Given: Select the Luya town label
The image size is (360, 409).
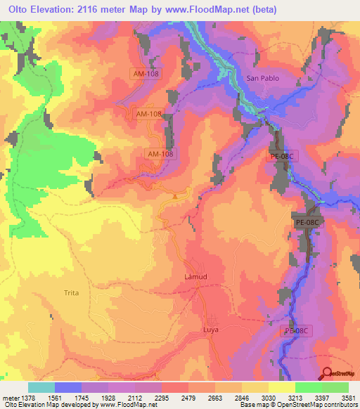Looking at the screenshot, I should [x=211, y=328].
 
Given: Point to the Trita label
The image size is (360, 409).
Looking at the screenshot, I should [x=71, y=292].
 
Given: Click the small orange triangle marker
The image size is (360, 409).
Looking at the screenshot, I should [x=174, y=196].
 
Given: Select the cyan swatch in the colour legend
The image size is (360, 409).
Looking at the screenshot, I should [x=41, y=387].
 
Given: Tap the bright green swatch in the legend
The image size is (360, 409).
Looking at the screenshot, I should [x=309, y=387].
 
